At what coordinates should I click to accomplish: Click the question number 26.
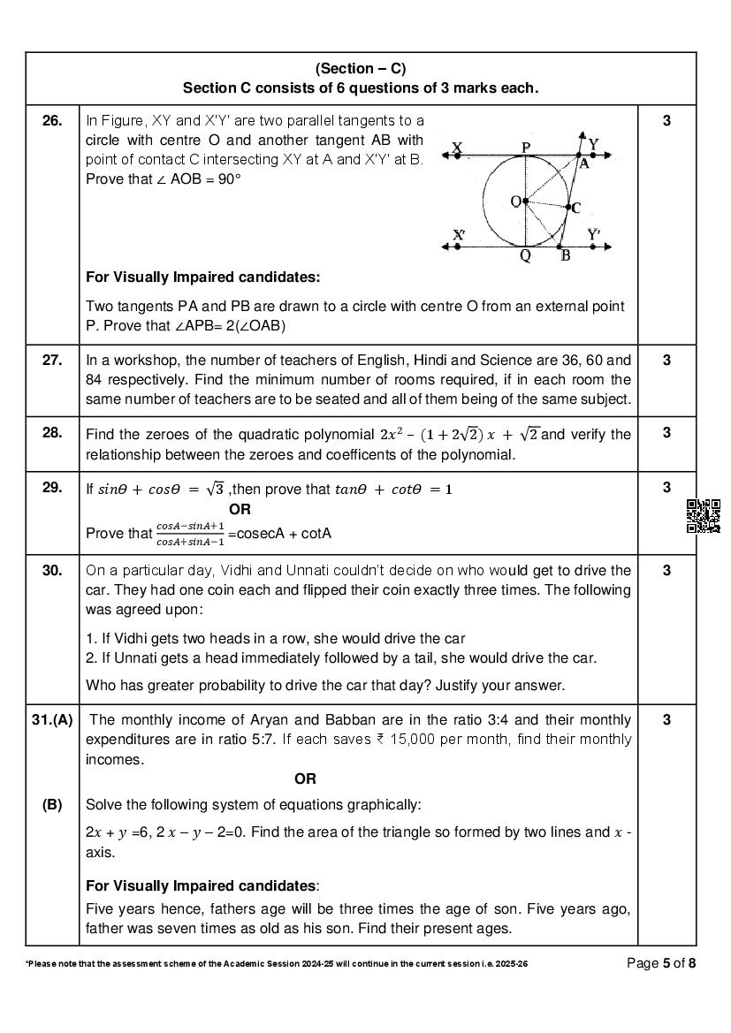click(x=52, y=121)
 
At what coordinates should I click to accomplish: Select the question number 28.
click(x=52, y=432)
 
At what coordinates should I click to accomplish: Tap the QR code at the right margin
click(x=704, y=516)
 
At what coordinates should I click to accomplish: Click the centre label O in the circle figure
click(x=515, y=201)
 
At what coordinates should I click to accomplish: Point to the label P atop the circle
click(x=526, y=147)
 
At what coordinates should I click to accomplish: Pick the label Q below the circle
click(x=525, y=257)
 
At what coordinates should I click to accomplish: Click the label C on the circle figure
click(x=576, y=209)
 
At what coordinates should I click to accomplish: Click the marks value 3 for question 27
click(x=666, y=360)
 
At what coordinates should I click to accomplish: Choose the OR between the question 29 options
click(x=240, y=509)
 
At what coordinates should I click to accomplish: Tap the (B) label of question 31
click(x=52, y=805)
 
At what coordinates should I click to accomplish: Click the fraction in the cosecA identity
click(x=190, y=535)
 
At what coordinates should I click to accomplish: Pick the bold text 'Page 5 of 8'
click(x=661, y=963)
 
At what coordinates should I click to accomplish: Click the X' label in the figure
click(x=459, y=235)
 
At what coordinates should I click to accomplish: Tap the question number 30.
click(x=52, y=571)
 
